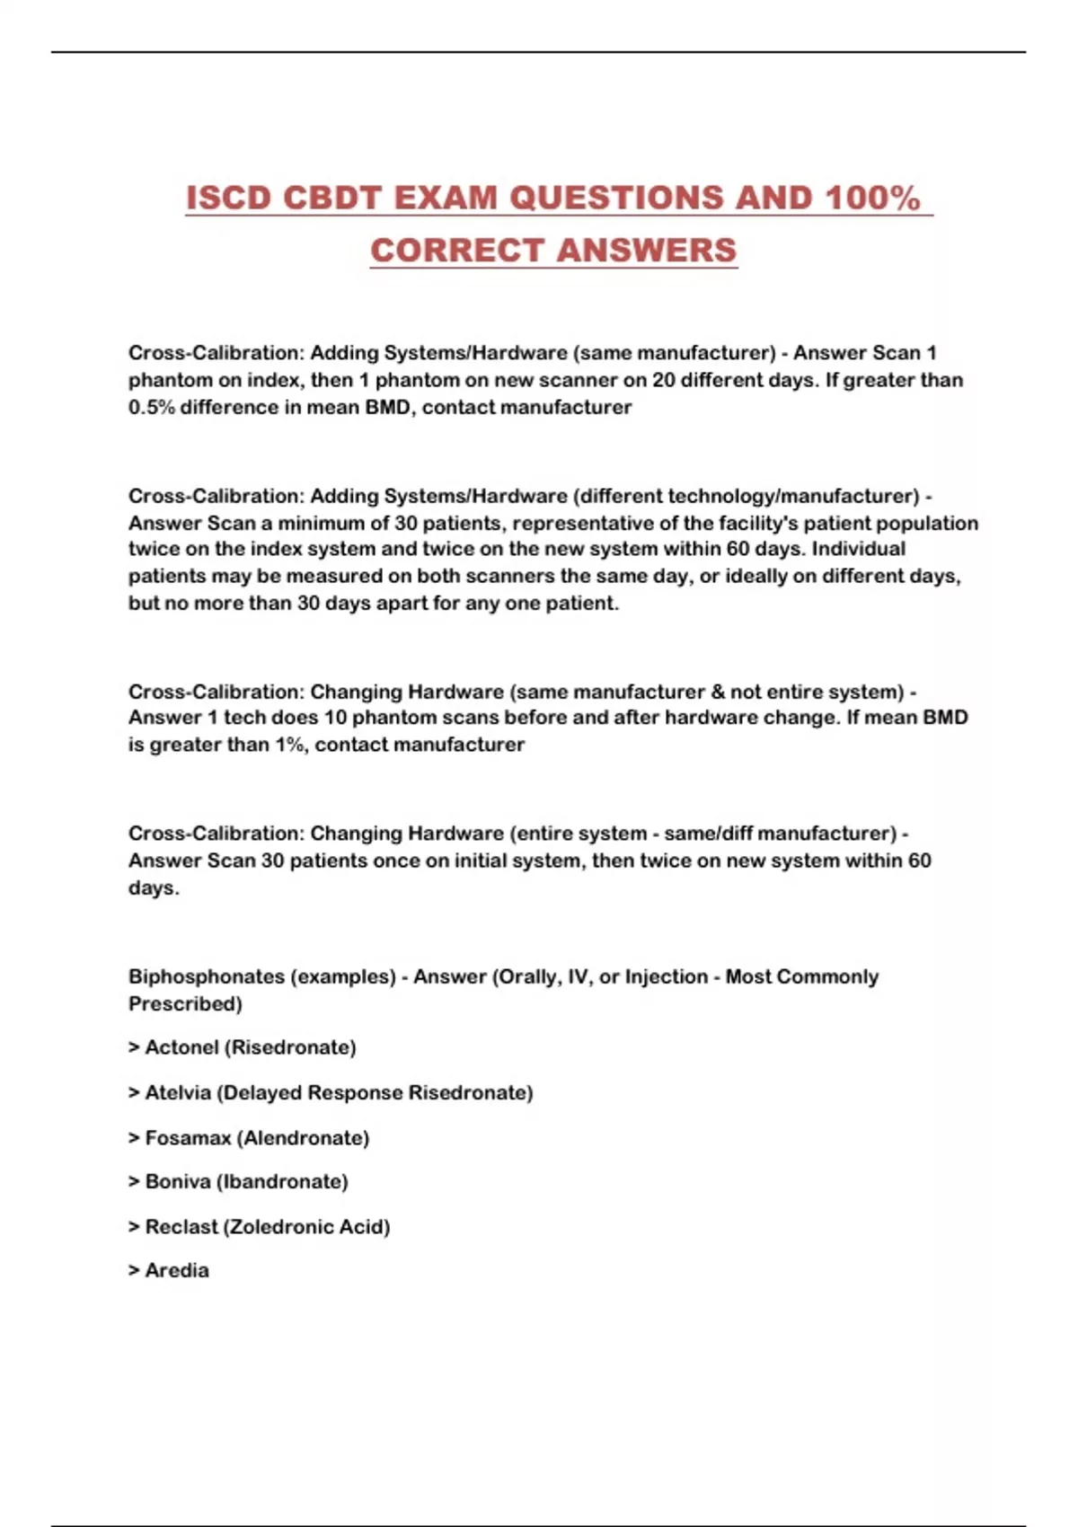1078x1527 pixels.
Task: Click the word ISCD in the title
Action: coord(228,199)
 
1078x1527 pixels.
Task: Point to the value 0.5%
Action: coord(151,408)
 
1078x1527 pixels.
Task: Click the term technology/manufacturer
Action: coord(748,496)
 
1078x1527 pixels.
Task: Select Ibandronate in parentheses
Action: coord(282,1182)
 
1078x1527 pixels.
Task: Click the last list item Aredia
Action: coord(177,1271)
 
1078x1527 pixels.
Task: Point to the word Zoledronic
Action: coord(269,1227)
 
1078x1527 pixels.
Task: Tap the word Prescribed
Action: coord(185,1004)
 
